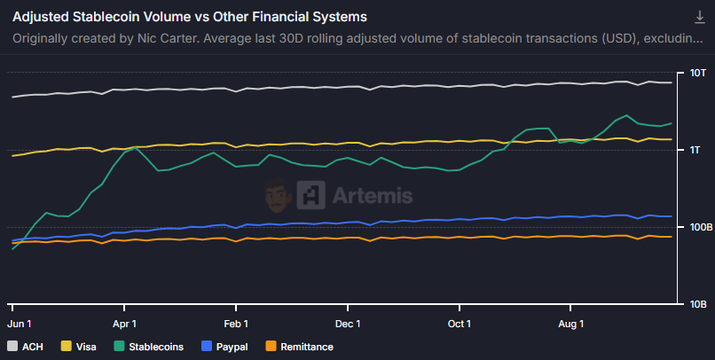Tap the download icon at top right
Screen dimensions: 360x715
(x=699, y=18)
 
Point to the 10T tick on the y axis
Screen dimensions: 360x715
(x=697, y=73)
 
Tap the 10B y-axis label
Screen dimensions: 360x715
(x=697, y=304)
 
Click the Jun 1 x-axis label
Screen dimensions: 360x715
(x=20, y=324)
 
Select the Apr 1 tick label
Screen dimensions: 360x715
(x=125, y=324)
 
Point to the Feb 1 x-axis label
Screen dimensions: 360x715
(x=236, y=324)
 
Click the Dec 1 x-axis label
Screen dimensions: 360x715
(x=348, y=324)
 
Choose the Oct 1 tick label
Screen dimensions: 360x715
(x=460, y=324)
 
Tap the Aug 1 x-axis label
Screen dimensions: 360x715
(x=570, y=324)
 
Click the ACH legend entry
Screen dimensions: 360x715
(x=26, y=347)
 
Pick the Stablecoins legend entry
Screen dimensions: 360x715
(x=149, y=347)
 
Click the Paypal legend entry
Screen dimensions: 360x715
(x=225, y=347)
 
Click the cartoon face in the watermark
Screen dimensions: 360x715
(x=278, y=195)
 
